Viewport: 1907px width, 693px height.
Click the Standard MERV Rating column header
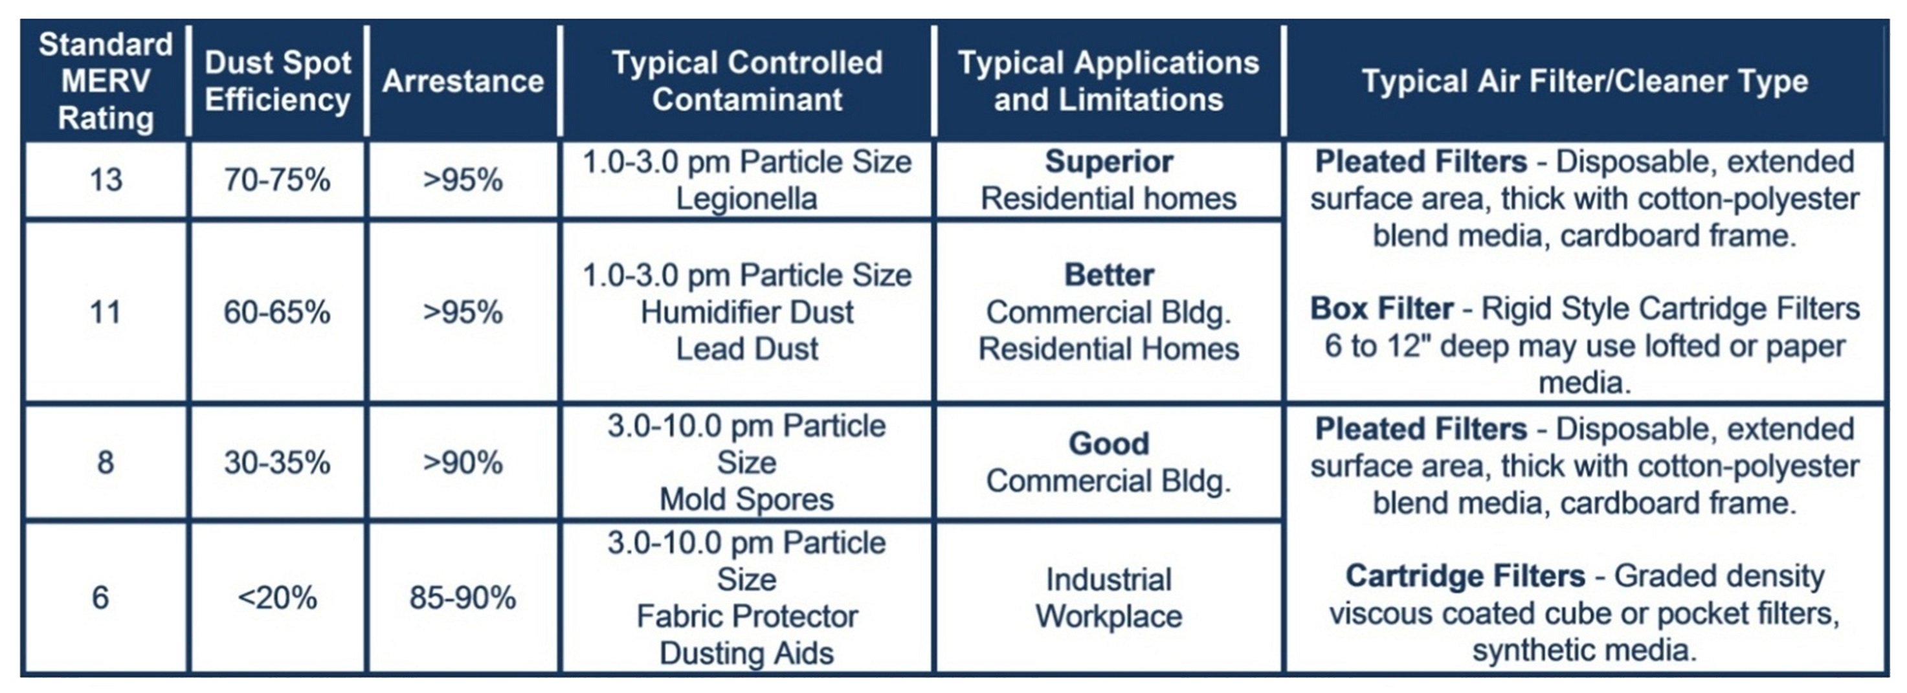pyautogui.click(x=106, y=81)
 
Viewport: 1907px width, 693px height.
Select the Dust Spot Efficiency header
pyautogui.click(x=278, y=81)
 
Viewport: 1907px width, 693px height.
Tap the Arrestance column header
pyautogui.click(x=463, y=81)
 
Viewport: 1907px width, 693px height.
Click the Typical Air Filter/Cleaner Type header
pyautogui.click(x=1585, y=81)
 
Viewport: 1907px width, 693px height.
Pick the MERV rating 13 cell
pyautogui.click(x=106, y=180)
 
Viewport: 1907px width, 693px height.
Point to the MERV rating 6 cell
pyautogui.click(x=101, y=597)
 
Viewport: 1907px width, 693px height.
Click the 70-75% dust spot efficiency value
pyautogui.click(x=278, y=180)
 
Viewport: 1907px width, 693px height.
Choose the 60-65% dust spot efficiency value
pyautogui.click(x=278, y=312)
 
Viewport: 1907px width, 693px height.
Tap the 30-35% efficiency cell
pyautogui.click(x=278, y=463)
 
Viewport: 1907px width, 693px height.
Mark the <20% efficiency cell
pyautogui.click(x=278, y=597)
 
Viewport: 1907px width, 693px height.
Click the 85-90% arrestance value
pyautogui.click(x=463, y=597)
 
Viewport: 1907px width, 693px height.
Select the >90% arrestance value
pyautogui.click(x=463, y=463)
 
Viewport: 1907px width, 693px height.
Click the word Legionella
pyautogui.click(x=747, y=199)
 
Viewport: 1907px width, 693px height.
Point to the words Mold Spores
pyautogui.click(x=747, y=500)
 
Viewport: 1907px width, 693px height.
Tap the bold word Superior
pyautogui.click(x=1109, y=161)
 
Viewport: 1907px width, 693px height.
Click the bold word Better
pyautogui.click(x=1109, y=275)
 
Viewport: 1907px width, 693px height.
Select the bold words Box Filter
pyautogui.click(x=1382, y=309)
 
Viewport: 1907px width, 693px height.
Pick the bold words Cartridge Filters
pyautogui.click(x=1465, y=576)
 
